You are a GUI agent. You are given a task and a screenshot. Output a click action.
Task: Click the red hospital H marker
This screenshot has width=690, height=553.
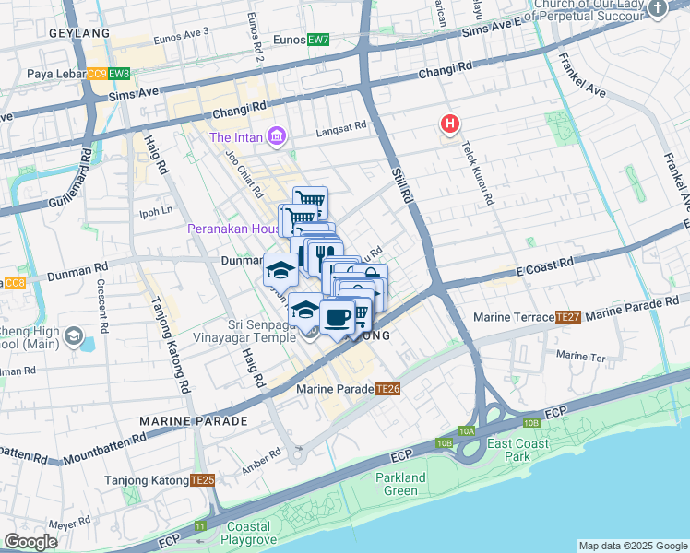(449, 124)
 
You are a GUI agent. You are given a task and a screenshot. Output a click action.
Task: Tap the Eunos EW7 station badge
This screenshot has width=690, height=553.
(318, 40)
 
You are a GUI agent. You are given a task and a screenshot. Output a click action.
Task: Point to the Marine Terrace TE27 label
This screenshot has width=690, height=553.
(526, 317)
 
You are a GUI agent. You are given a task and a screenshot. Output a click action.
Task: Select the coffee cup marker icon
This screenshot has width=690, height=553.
(338, 318)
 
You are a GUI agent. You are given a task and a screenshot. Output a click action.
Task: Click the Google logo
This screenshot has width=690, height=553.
(30, 542)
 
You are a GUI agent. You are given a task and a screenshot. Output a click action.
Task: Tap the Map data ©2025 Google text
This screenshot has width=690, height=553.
(633, 546)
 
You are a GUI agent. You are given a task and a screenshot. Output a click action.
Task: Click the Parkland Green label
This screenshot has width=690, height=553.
(401, 484)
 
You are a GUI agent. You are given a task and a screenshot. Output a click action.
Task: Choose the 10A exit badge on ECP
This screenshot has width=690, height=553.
(467, 430)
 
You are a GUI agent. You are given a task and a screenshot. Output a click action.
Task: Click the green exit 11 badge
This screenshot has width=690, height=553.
(201, 525)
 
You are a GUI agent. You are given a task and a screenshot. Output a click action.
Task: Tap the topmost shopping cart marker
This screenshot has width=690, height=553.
(311, 200)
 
